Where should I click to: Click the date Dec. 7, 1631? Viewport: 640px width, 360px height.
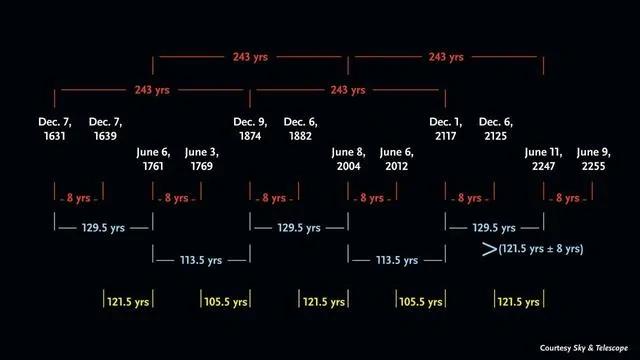(x=55, y=129)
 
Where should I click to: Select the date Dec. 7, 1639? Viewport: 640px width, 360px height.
(x=105, y=129)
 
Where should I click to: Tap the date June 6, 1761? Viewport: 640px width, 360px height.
(x=153, y=159)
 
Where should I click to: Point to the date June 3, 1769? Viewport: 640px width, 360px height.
(x=202, y=159)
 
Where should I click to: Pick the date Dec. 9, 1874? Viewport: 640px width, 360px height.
(x=250, y=129)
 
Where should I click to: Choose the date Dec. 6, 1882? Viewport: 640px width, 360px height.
(x=300, y=129)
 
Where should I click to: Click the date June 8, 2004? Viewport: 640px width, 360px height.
(x=349, y=159)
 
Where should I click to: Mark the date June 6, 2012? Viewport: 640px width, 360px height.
(x=397, y=159)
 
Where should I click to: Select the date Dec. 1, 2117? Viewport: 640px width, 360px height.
(x=446, y=129)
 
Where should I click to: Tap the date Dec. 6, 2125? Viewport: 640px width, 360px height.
(x=496, y=129)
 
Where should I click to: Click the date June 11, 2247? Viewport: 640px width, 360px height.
(x=544, y=159)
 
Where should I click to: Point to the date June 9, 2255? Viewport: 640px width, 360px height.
(x=594, y=159)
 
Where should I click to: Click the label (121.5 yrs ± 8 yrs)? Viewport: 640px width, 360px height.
(x=541, y=249)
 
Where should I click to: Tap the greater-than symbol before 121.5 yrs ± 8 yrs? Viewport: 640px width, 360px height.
(x=489, y=249)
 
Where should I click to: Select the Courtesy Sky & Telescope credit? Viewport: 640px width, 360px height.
(x=584, y=348)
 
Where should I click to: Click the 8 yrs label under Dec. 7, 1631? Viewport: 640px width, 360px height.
(x=78, y=198)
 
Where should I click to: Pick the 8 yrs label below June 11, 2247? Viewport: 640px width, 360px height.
(x=568, y=198)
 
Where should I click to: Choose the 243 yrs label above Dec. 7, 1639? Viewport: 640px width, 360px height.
(x=152, y=90)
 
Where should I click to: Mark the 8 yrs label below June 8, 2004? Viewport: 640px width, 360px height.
(x=372, y=198)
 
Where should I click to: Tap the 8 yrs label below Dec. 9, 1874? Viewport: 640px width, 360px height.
(x=274, y=198)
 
